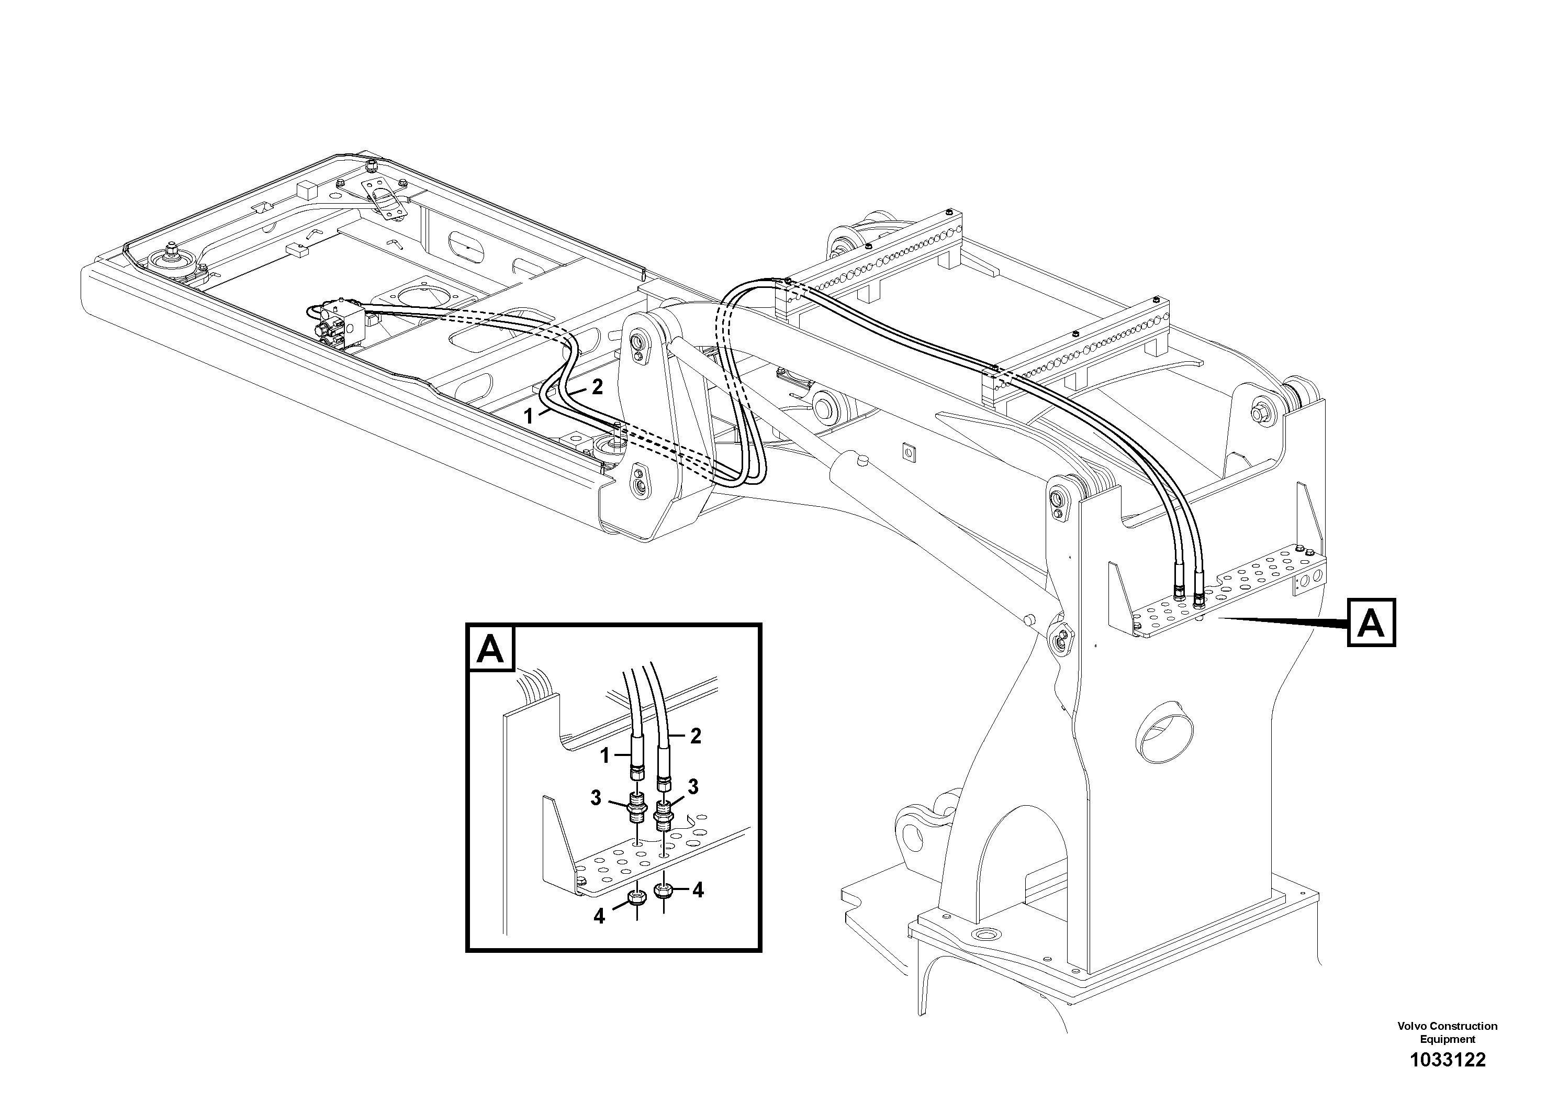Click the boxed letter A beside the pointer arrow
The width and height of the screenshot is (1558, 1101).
pos(1371,622)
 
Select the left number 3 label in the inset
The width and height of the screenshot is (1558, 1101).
pos(595,798)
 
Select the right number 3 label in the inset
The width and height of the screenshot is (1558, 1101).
pos(693,787)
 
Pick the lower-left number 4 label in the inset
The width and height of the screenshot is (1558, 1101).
pos(599,916)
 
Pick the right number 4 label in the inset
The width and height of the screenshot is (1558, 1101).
pos(698,890)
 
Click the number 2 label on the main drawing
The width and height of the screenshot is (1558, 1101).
pos(597,387)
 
